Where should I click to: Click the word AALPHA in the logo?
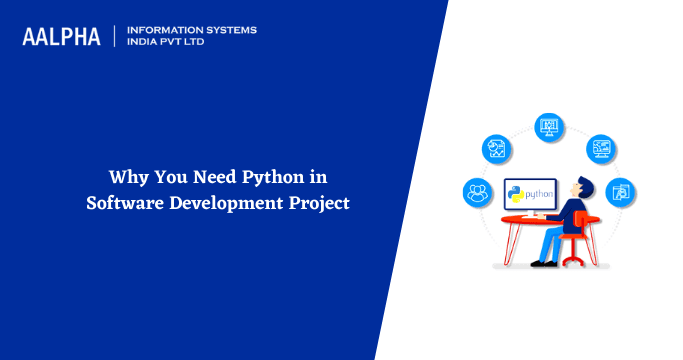point(61,37)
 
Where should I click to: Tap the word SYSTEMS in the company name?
point(229,30)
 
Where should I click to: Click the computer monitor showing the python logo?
point(529,191)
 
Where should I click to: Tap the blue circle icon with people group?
point(476,191)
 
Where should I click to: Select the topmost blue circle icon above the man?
point(548,126)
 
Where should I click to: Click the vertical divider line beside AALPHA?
point(115,37)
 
